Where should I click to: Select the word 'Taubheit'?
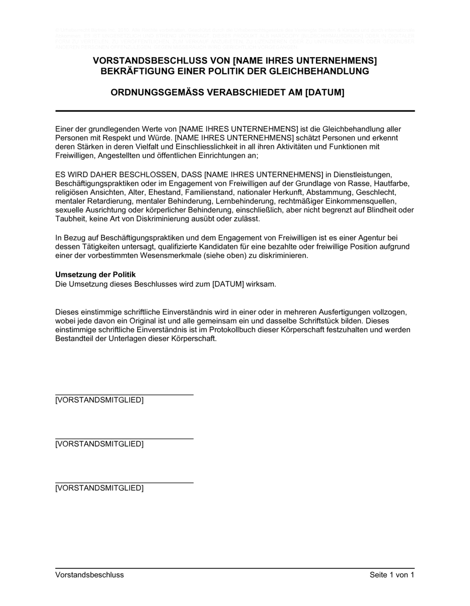[70, 218]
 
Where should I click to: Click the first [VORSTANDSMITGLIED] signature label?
[100, 400]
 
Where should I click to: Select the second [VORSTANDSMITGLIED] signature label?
[100, 444]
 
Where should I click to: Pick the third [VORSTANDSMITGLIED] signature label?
[100, 488]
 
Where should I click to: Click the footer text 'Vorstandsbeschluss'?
[90, 575]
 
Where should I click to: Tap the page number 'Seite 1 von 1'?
[392, 575]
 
